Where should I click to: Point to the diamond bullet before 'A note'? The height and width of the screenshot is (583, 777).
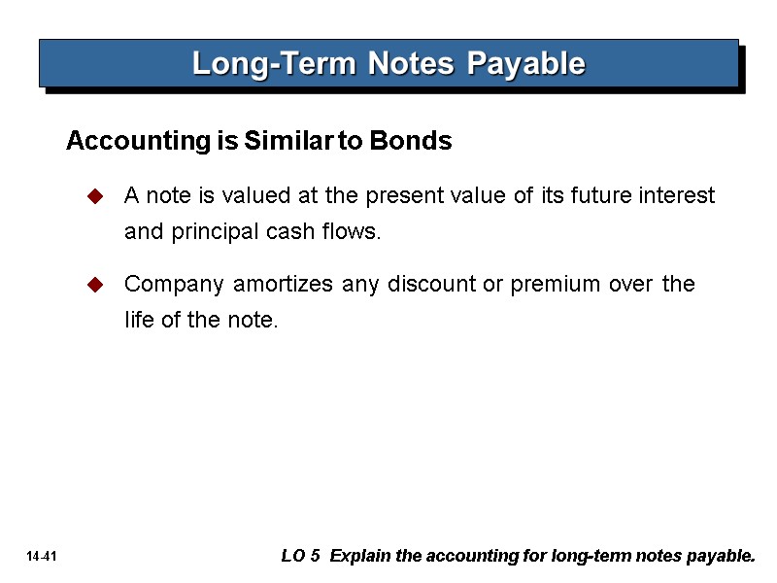pos(95,197)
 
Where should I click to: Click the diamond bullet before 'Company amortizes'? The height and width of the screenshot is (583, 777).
pos(95,286)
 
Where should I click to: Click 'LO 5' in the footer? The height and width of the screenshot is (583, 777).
pos(299,557)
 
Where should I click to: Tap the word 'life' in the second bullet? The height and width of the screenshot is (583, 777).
pos(137,321)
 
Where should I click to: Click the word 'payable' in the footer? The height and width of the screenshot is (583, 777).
pos(723,558)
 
